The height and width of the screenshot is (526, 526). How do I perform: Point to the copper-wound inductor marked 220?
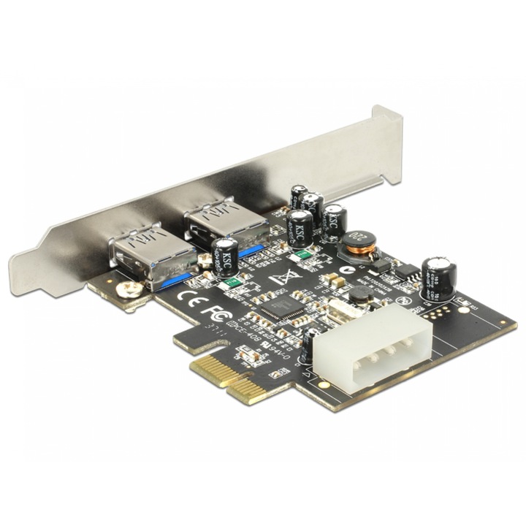pos(357,246)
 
